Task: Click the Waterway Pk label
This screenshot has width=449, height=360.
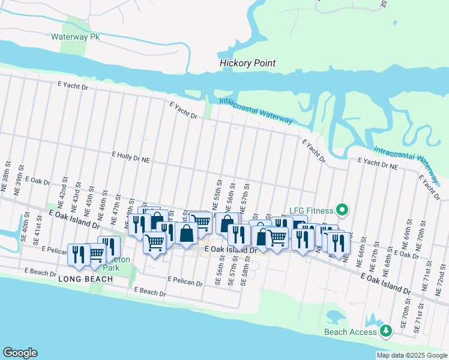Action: pyautogui.click(x=74, y=37)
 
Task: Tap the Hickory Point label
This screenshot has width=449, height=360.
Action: pyautogui.click(x=247, y=63)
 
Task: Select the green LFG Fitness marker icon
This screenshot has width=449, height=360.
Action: pyautogui.click(x=342, y=209)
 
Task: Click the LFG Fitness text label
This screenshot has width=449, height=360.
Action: pyautogui.click(x=312, y=209)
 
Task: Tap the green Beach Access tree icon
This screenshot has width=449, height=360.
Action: pyautogui.click(x=387, y=331)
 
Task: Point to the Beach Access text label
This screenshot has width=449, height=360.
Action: pyautogui.click(x=351, y=332)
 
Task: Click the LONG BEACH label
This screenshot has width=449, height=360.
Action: pyautogui.click(x=86, y=280)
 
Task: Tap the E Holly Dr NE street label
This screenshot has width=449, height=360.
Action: pyautogui.click(x=130, y=154)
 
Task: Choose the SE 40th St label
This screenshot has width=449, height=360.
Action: pyautogui.click(x=26, y=232)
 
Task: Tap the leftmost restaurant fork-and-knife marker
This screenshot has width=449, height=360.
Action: pyautogui.click(x=77, y=253)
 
